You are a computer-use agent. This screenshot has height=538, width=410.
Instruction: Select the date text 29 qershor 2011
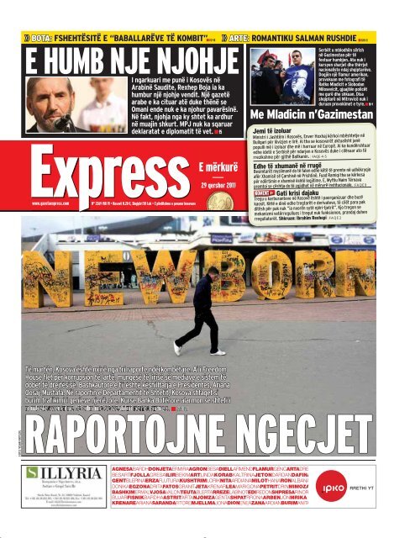coord(217,185)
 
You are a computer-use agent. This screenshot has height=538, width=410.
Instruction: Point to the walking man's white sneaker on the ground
coord(179,348)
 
